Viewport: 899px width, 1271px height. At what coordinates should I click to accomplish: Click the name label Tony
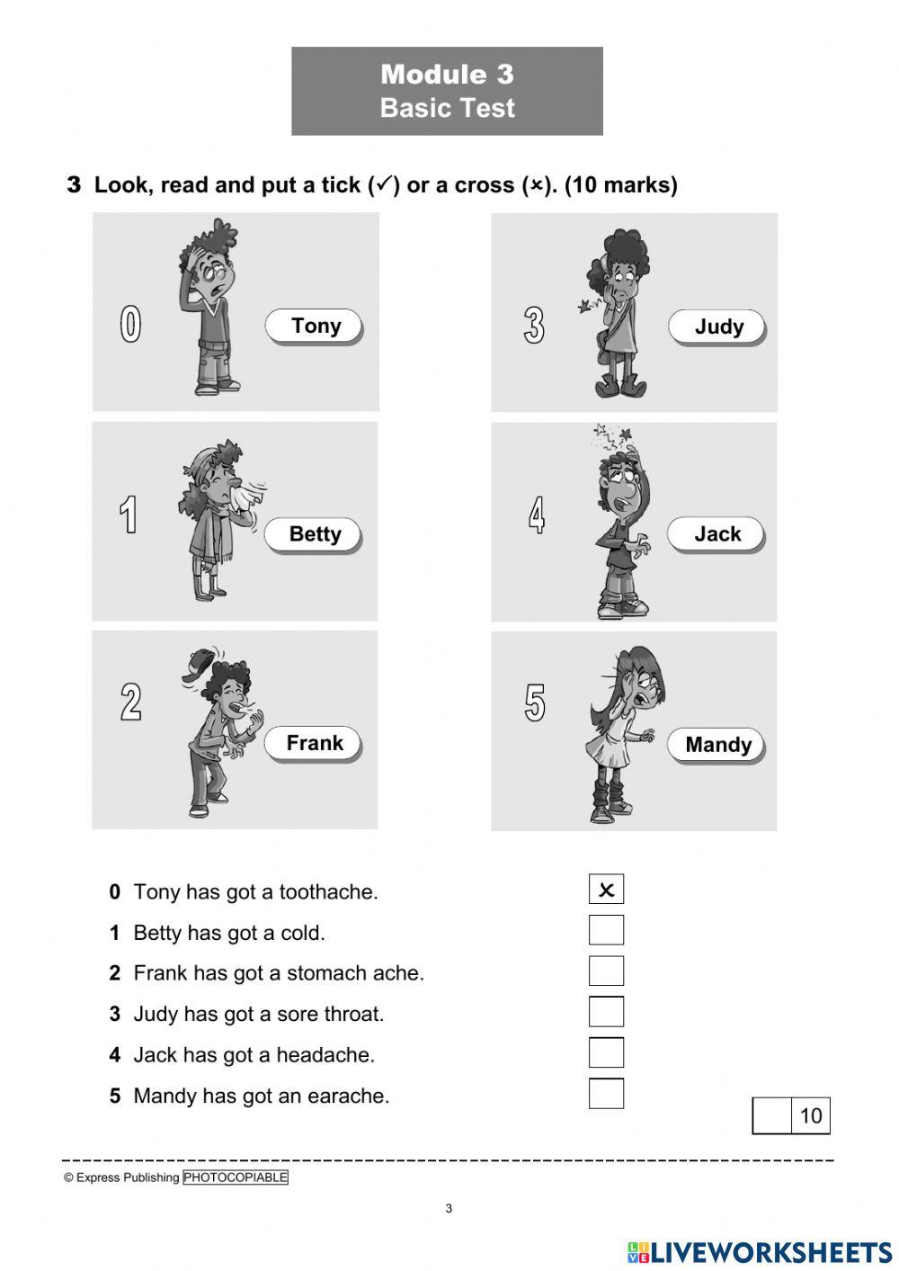(x=314, y=326)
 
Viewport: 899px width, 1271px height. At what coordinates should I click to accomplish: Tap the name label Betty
(x=314, y=534)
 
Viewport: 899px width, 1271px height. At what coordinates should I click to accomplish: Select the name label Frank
(x=314, y=743)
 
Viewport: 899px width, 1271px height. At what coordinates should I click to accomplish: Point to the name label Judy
(x=717, y=327)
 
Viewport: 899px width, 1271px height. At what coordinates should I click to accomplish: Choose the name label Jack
(x=717, y=534)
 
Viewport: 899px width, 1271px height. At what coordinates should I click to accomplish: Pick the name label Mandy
(x=717, y=745)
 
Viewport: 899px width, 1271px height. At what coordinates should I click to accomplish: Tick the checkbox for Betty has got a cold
(x=606, y=930)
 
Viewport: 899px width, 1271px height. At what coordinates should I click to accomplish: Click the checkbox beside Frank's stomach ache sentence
(x=606, y=971)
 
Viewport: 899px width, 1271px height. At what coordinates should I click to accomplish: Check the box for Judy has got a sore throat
(x=606, y=1012)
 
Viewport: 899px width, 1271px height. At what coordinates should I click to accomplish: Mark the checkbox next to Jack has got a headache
(x=606, y=1052)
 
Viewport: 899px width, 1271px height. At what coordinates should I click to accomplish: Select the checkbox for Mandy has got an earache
(x=606, y=1094)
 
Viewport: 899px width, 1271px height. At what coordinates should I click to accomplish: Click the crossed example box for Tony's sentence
(x=606, y=890)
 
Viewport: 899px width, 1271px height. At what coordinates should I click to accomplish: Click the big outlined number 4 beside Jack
(x=536, y=515)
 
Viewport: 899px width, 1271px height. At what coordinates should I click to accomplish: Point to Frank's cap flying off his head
(x=199, y=664)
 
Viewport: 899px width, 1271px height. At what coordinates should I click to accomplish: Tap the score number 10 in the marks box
(x=810, y=1116)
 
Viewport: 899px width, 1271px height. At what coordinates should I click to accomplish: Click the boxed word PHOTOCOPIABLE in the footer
(x=236, y=1177)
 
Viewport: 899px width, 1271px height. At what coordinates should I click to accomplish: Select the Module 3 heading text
(x=447, y=75)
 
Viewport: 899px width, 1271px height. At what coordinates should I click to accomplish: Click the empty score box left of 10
(x=771, y=1116)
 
